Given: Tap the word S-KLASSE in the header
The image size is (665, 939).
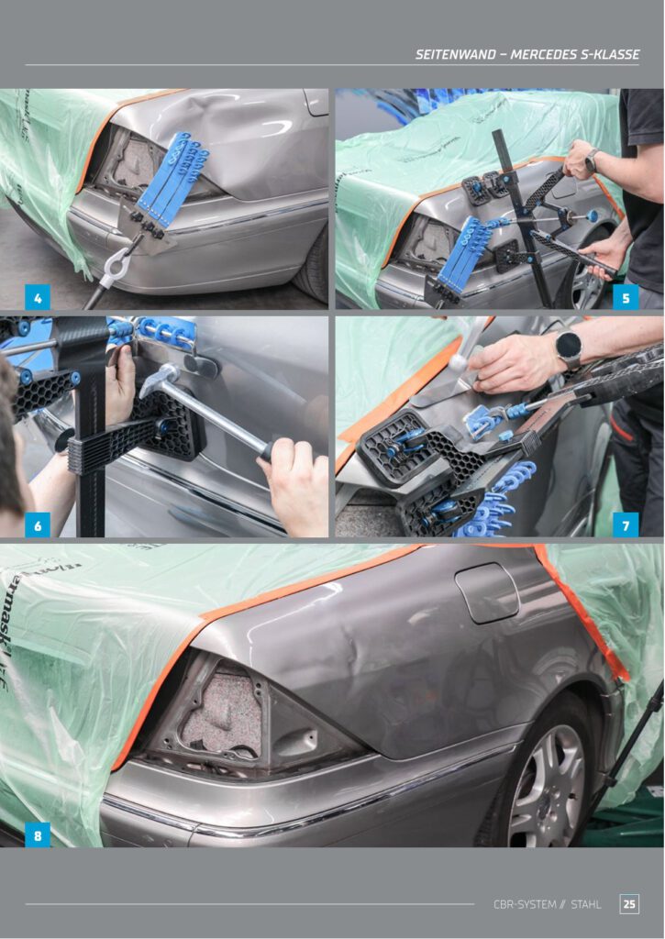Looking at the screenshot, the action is (610, 54).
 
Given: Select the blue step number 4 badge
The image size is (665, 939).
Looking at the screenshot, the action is (37, 298).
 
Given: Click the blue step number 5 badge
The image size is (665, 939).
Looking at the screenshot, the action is (626, 298).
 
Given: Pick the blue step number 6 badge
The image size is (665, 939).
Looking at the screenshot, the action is (37, 525).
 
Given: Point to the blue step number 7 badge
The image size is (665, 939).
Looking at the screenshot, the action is (626, 525).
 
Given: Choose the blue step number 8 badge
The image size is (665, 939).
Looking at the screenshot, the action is (37, 834).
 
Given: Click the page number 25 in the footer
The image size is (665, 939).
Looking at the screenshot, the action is (629, 903).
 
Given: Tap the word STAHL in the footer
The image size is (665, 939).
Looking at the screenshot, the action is (586, 904).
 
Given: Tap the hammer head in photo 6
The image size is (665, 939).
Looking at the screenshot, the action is (160, 381).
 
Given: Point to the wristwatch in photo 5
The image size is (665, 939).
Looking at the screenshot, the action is (591, 160).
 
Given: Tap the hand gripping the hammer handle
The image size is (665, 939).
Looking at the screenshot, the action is (295, 484).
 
